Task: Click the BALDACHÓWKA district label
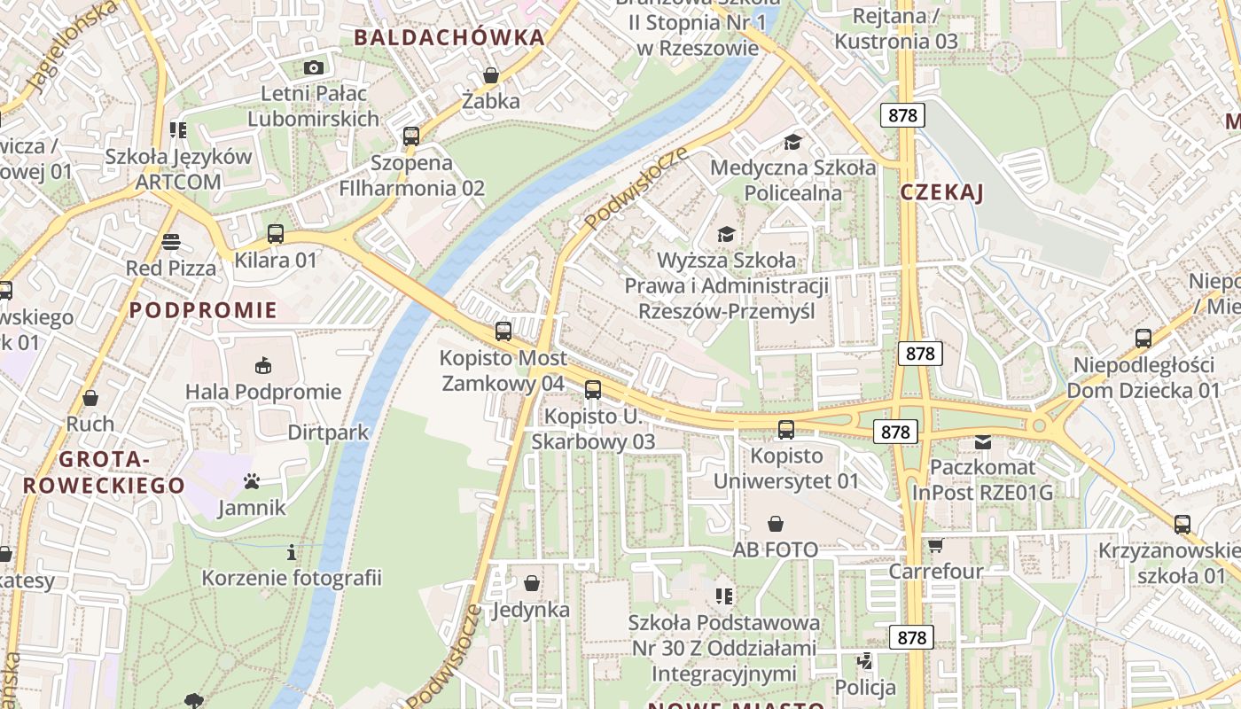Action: click(x=449, y=37)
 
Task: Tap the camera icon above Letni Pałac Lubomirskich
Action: click(x=313, y=67)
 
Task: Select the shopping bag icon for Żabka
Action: click(x=490, y=75)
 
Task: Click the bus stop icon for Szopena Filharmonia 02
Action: click(x=411, y=136)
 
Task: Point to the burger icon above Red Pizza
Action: click(x=171, y=242)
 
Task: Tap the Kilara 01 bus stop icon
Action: click(x=276, y=234)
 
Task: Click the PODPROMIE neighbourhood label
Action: click(x=203, y=310)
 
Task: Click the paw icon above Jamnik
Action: click(x=253, y=482)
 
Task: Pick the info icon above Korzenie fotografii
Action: click(x=292, y=553)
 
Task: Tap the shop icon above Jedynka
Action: click(x=531, y=583)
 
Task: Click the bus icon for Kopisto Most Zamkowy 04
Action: click(x=503, y=331)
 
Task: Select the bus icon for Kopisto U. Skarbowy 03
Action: click(x=593, y=389)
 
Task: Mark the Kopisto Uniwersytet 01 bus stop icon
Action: click(x=786, y=430)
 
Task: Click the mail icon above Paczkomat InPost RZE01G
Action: click(x=983, y=441)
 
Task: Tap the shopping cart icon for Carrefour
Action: click(x=935, y=545)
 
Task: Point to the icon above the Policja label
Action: click(x=865, y=661)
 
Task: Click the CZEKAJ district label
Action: click(x=941, y=193)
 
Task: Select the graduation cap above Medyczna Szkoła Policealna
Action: click(x=792, y=142)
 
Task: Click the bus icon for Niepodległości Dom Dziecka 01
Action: click(x=1143, y=338)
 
